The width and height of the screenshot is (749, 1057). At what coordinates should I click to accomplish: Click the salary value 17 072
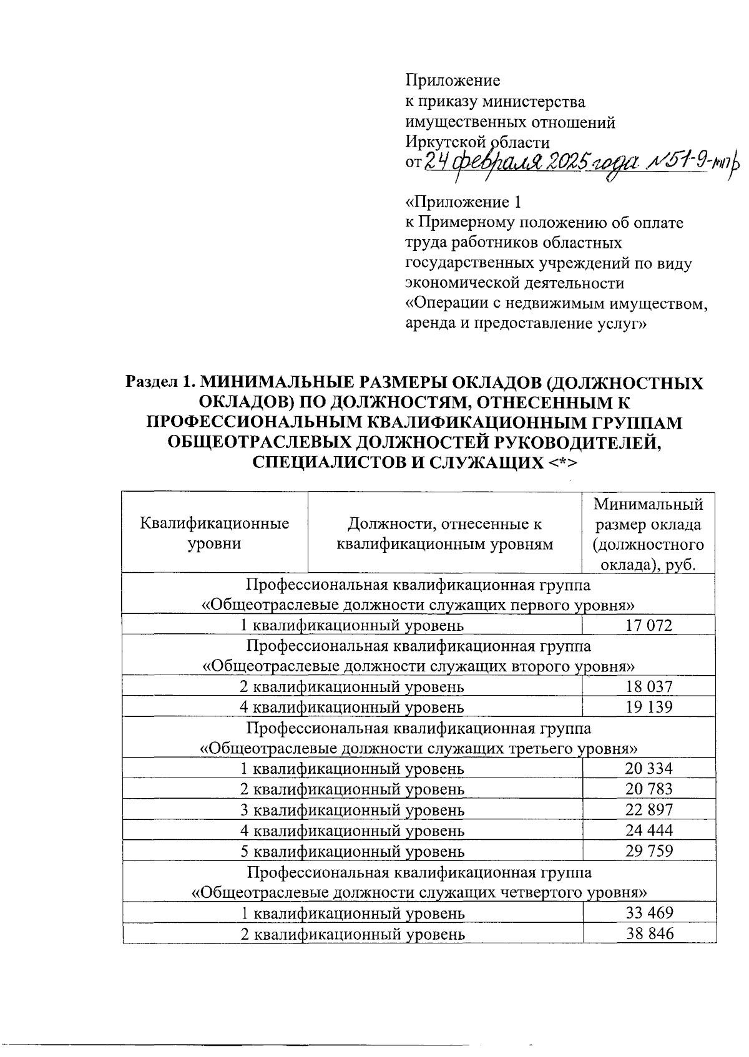click(649, 625)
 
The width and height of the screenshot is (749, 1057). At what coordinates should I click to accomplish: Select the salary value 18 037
click(649, 687)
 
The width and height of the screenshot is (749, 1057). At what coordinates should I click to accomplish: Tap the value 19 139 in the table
click(649, 708)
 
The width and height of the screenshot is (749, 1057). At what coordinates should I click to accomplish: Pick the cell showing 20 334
click(649, 769)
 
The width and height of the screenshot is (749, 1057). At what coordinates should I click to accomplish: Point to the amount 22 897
click(649, 810)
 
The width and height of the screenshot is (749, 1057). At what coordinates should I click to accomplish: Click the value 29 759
click(649, 851)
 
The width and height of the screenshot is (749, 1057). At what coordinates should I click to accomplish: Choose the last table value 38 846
click(649, 934)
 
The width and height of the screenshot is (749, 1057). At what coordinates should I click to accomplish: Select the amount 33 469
click(649, 913)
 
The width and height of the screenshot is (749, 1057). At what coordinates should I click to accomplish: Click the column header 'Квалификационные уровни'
click(215, 533)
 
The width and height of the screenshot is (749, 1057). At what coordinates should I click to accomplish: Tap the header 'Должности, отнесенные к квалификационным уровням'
click(444, 533)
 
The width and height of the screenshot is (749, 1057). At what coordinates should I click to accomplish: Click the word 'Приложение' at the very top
click(453, 80)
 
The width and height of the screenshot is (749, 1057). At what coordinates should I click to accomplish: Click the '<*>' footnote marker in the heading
click(563, 463)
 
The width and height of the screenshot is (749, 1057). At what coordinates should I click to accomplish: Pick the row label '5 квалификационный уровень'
click(352, 851)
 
